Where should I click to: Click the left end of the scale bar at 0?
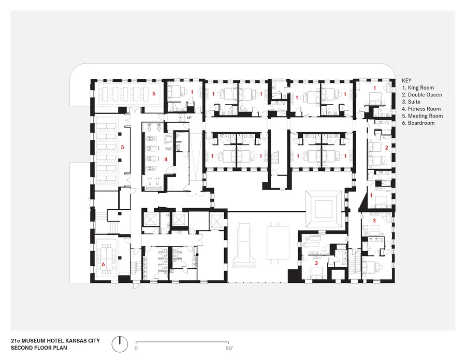coord(136,342)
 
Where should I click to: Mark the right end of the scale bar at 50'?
coord(228,342)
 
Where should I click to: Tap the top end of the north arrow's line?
coord(120,337)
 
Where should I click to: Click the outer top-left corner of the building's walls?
coord(91,79)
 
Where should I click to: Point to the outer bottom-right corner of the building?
coord(395,283)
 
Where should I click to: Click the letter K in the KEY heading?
coord(403,81)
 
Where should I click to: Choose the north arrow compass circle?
coord(120,344)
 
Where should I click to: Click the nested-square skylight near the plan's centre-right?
coord(324,209)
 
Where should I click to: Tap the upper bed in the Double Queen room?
coord(375,147)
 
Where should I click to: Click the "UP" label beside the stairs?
coord(190,118)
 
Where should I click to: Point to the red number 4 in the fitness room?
coord(166,160)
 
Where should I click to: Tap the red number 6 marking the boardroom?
coord(103,264)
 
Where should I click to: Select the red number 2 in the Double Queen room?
coord(387,148)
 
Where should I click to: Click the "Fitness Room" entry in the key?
coord(421,109)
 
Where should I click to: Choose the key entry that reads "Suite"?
coord(411,102)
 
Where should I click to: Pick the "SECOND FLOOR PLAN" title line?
coord(39,348)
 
